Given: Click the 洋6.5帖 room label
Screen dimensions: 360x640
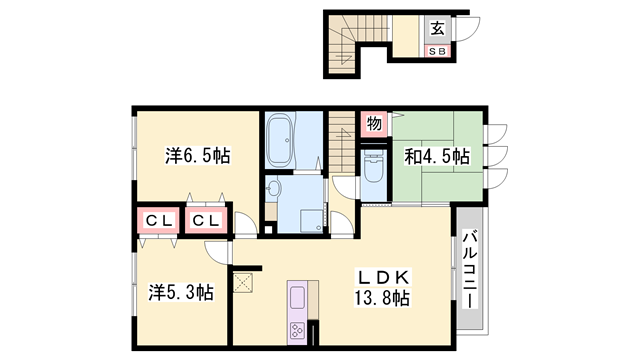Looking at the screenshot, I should [x=197, y=156].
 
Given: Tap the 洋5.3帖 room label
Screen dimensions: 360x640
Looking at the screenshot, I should [x=179, y=292].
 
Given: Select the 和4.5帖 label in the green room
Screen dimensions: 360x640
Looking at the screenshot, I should [x=437, y=156].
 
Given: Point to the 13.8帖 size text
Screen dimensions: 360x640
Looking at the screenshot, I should [x=380, y=297].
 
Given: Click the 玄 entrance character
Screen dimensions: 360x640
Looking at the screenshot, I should [x=438, y=29].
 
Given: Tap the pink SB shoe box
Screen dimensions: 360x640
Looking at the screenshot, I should [x=438, y=50].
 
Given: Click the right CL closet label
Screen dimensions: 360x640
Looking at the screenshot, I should [x=207, y=220].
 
